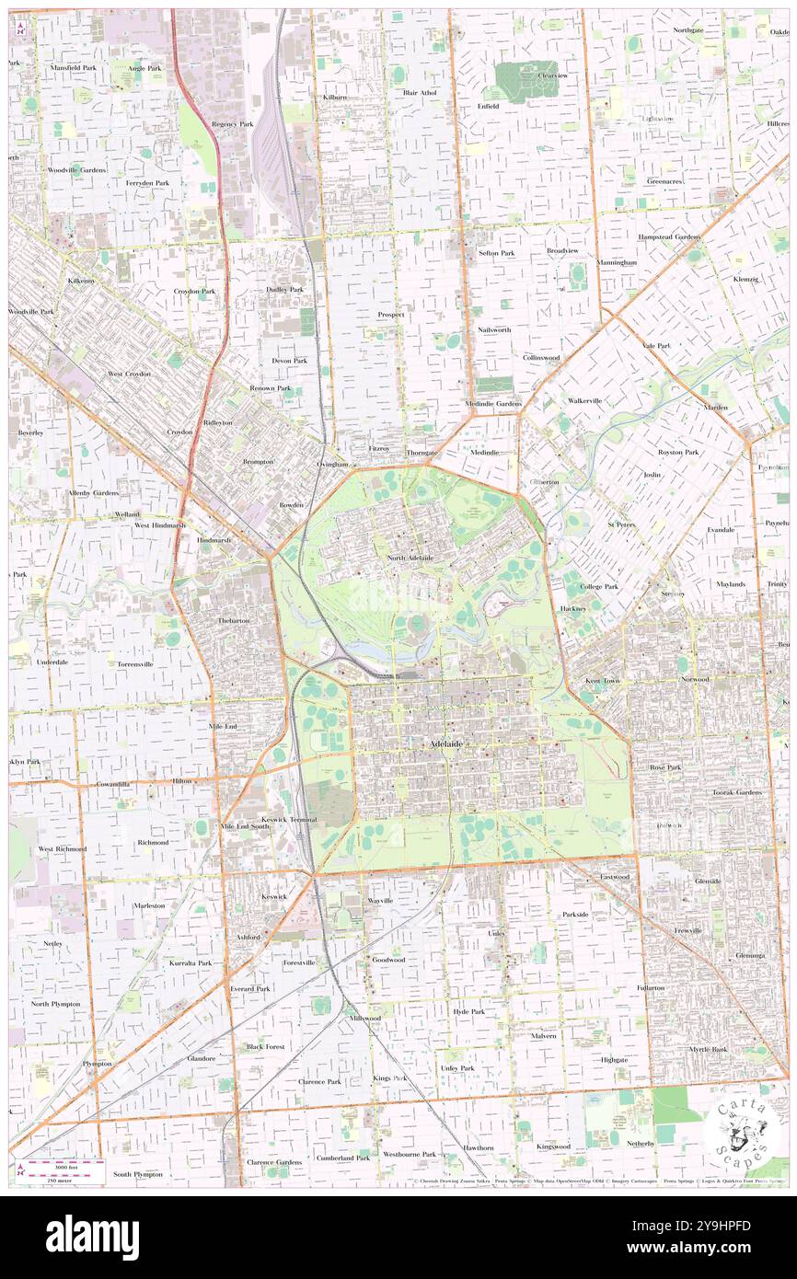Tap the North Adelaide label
coord(410,559)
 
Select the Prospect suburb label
coord(391,315)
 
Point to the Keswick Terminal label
coord(289,819)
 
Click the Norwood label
coord(695,679)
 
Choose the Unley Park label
coord(456,1067)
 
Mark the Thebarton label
coord(233,621)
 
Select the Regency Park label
coord(231,123)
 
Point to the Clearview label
coord(553,75)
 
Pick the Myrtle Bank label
coord(708,1049)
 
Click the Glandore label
coord(202,1058)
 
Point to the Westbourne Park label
coord(410,1154)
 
